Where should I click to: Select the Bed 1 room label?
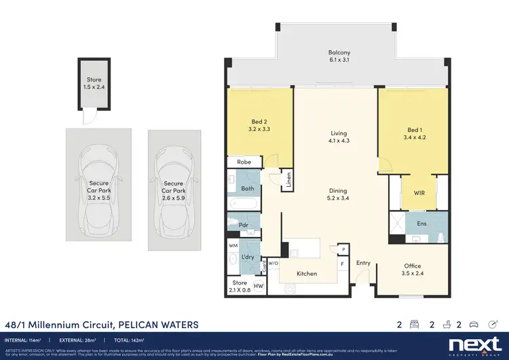pyautogui.click(x=415, y=133)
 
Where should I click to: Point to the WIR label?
pyautogui.click(x=419, y=193)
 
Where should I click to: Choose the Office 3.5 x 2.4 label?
pyautogui.click(x=412, y=270)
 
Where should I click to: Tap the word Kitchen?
pyautogui.click(x=307, y=273)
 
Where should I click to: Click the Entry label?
pyautogui.click(x=364, y=263)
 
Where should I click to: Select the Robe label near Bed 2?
pyautogui.click(x=244, y=162)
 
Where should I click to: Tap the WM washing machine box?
pyautogui.click(x=233, y=245)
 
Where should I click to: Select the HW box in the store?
pyautogui.click(x=258, y=287)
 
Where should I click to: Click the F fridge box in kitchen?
pyautogui.click(x=342, y=262)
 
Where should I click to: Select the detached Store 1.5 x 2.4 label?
pyautogui.click(x=94, y=83)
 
